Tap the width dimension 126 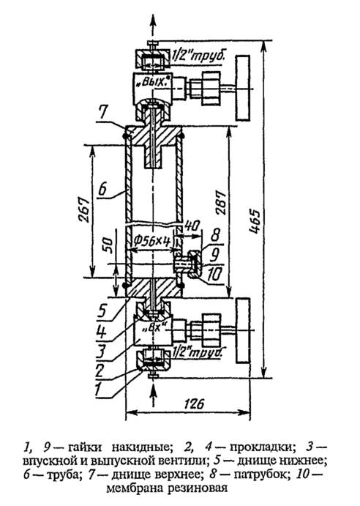tap(195, 403)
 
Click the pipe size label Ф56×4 tap(151, 241)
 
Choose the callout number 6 tap(102, 189)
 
